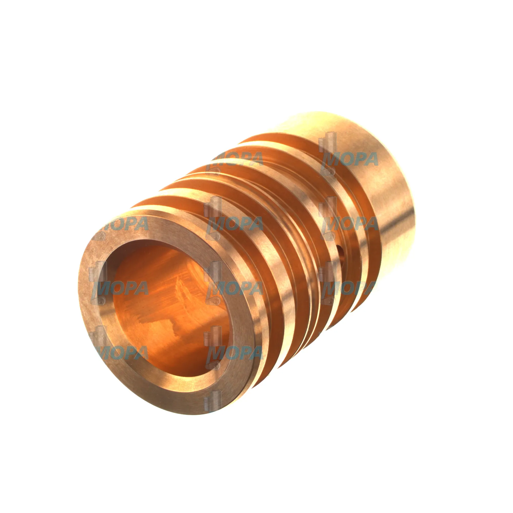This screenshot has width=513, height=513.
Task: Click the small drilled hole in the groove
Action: tap(340, 250)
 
